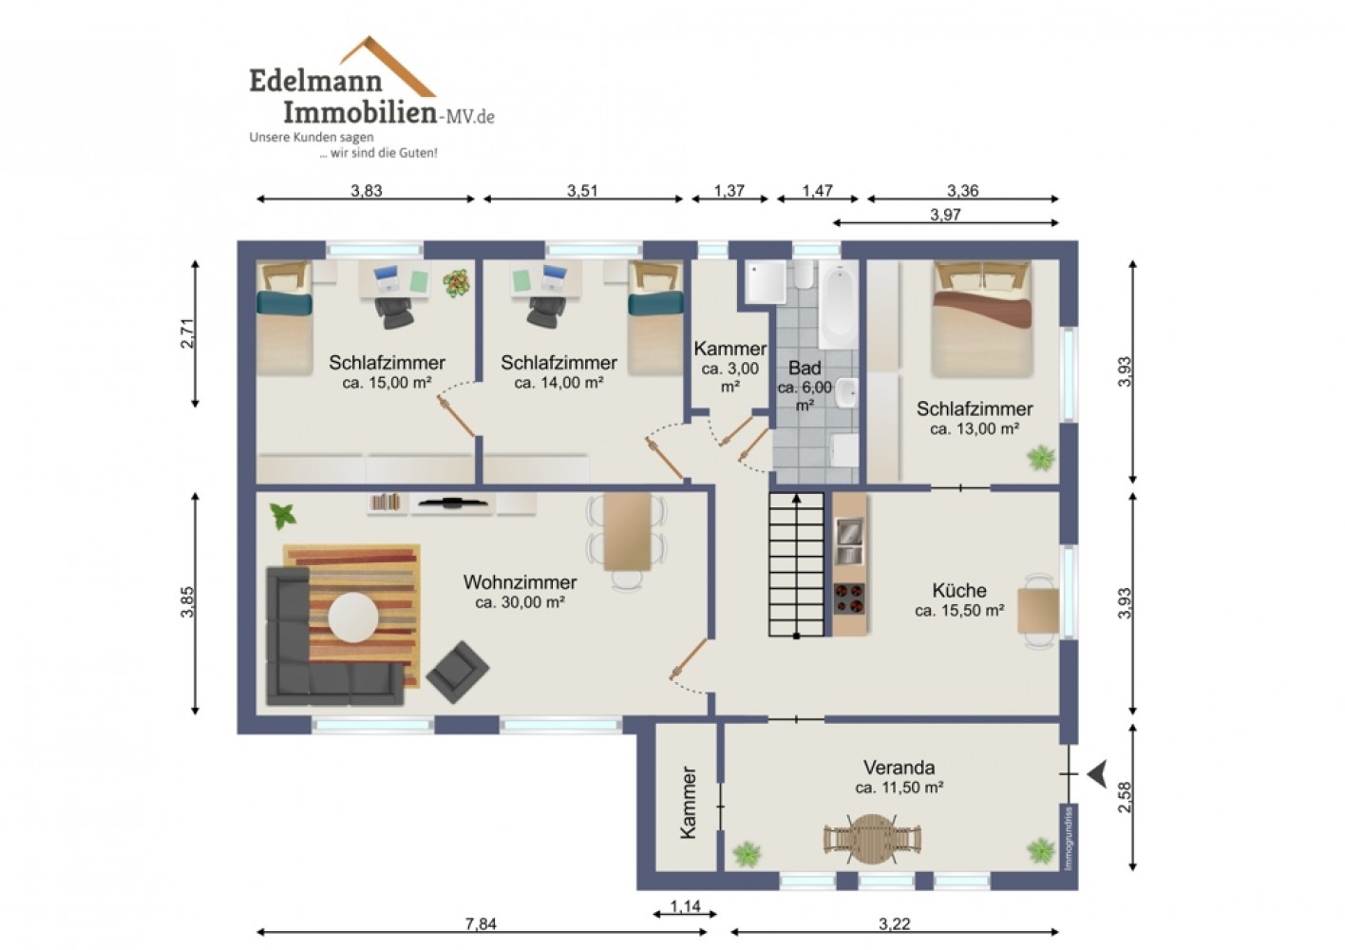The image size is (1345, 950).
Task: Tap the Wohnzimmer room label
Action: [520, 582]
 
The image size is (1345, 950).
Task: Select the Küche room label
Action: [959, 590]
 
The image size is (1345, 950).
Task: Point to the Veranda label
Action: [900, 767]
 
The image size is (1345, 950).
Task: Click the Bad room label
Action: [805, 368]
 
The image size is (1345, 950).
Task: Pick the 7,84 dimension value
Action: [481, 923]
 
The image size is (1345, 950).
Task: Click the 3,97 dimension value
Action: [946, 215]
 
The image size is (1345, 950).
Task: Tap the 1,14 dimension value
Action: [685, 906]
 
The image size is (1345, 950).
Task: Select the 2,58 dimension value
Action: [1125, 797]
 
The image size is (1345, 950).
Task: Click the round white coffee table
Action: [353, 617]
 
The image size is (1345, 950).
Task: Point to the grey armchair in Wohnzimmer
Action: [458, 672]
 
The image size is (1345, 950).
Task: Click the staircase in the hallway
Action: [797, 564]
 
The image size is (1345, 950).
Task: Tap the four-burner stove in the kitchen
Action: [849, 598]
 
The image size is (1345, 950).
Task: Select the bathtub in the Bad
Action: [838, 306]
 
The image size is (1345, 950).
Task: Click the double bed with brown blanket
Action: [982, 319]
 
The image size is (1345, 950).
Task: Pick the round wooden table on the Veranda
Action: [871, 838]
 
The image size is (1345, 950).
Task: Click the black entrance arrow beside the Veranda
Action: [1098, 774]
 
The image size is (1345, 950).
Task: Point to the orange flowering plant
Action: [457, 281]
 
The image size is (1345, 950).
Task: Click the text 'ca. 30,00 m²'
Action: [520, 601]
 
